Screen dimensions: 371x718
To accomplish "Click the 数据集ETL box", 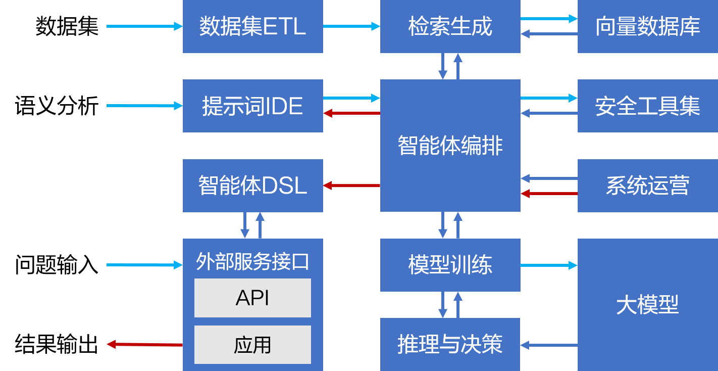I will point(252,26).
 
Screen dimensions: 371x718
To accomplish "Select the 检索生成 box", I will point(450,26).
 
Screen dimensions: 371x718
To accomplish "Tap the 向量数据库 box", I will point(647,26).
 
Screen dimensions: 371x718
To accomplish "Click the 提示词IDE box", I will point(252,106).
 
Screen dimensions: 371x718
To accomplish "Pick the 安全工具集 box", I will point(647,106).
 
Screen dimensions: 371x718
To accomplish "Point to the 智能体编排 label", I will point(450,146).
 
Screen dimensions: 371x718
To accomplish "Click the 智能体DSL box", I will point(252,185).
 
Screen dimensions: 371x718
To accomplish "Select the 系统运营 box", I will point(647,185).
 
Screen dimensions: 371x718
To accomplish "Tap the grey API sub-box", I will point(252,298).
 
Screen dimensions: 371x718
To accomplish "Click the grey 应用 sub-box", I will point(252,345).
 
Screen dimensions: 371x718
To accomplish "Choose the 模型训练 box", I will point(450,265).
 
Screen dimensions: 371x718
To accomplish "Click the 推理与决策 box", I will point(450,344).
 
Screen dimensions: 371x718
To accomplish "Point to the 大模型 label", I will point(647,305).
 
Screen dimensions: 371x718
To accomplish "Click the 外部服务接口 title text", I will point(252,262).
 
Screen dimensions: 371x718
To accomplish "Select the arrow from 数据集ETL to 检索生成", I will point(351,26).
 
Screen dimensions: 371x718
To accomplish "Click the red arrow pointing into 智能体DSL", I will point(351,185).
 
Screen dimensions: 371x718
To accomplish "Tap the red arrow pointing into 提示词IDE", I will point(351,113).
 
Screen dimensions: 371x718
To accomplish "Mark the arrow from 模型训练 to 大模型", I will point(549,265).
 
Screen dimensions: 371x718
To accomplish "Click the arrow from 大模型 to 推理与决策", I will point(549,345).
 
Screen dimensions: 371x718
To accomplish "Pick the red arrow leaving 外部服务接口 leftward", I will point(145,344).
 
